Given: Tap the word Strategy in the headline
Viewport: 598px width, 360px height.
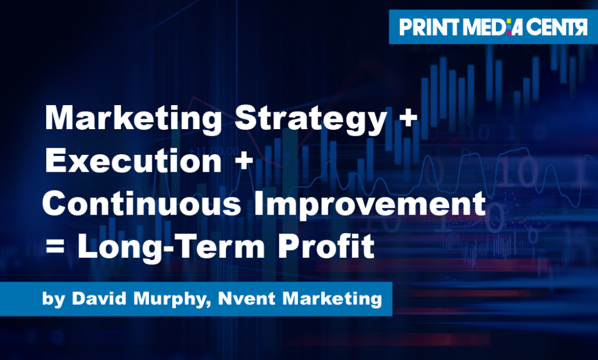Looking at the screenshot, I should pyautogui.click(x=308, y=120).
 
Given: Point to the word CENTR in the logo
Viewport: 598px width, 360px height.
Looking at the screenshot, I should pyautogui.click(x=557, y=27).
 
